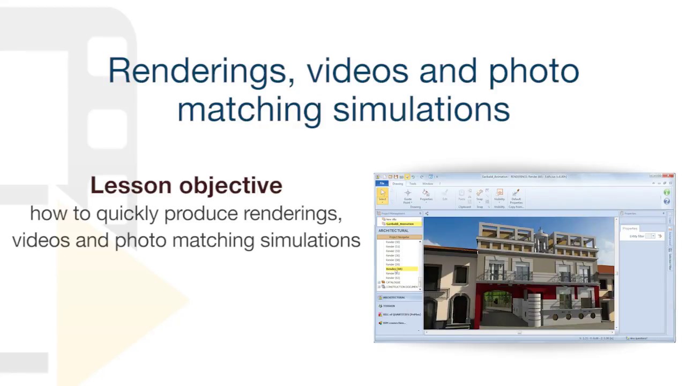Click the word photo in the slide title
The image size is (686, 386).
click(533, 71)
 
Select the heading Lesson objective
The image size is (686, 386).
click(186, 185)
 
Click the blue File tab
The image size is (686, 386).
click(382, 184)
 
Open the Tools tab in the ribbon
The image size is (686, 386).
click(413, 184)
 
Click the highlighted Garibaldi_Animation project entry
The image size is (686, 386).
click(400, 224)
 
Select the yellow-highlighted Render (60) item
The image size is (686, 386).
click(394, 269)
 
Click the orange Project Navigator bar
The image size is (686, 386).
click(399, 237)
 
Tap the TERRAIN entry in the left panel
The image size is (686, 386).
click(389, 306)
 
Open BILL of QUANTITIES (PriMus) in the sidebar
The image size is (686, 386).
click(401, 314)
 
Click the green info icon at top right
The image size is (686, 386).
click(667, 192)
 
